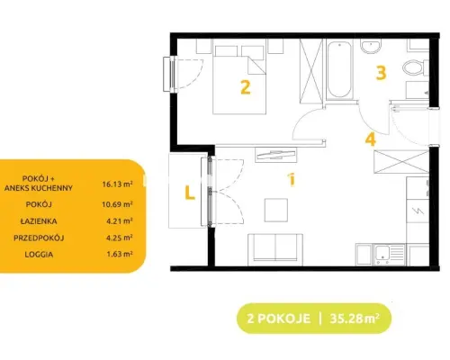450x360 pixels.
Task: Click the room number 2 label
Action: pos(246,87)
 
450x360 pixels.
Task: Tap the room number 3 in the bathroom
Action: pos(381,73)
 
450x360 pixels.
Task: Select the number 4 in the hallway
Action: pos(371,139)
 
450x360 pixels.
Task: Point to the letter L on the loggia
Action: pos(190,193)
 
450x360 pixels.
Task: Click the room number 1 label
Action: pos(292,180)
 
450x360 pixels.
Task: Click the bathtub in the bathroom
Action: pos(339,69)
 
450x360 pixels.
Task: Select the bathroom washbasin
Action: pos(371,47)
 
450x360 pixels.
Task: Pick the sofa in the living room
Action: pos(275,249)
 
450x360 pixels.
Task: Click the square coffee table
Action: pos(276,210)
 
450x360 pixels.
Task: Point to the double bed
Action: pos(239,80)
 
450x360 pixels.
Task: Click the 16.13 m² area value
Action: pos(117,184)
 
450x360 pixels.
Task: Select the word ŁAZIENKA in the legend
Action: pos(39,221)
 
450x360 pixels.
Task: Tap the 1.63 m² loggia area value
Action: pos(120,254)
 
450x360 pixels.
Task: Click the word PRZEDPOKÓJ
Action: pos(39,238)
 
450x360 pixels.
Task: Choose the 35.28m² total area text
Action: pos(355,319)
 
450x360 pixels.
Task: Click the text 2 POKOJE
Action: pos(279,319)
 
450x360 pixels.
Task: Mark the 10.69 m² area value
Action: pos(117,204)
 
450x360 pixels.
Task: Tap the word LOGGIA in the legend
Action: pos(39,255)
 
